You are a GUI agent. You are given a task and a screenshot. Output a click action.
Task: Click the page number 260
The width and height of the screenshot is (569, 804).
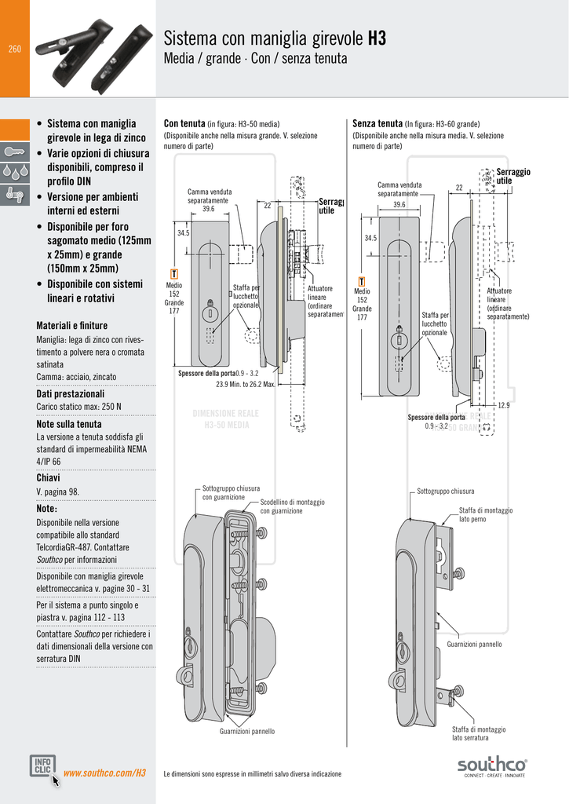(x=14, y=49)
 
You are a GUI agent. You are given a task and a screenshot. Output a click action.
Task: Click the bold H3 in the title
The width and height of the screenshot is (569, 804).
(x=376, y=38)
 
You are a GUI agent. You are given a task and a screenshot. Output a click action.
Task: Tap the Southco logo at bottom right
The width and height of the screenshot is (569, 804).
(x=492, y=765)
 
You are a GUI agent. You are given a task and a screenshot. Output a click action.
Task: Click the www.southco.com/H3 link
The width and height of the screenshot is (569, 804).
(x=104, y=773)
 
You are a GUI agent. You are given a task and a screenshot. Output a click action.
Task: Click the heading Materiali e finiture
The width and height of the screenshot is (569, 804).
(x=72, y=325)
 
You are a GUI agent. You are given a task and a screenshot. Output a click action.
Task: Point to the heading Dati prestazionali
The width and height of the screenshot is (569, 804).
(x=70, y=393)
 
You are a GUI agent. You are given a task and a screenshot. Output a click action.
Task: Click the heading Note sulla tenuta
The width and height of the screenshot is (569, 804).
(x=69, y=424)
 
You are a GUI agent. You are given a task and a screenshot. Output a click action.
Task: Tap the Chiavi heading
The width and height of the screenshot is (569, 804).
(x=49, y=477)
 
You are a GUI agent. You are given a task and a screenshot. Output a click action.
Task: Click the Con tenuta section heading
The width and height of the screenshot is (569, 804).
(x=184, y=123)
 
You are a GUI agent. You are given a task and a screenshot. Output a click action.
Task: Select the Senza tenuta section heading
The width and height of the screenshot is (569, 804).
(x=378, y=123)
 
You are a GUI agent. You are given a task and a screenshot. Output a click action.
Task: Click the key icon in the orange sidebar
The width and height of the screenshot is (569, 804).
(x=14, y=149)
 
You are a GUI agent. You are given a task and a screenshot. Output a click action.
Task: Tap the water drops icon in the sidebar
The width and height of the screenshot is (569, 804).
(x=14, y=171)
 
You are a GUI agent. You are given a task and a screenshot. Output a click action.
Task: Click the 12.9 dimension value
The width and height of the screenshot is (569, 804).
(x=503, y=405)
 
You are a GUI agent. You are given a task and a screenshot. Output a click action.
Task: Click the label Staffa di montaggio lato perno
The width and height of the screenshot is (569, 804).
(x=486, y=514)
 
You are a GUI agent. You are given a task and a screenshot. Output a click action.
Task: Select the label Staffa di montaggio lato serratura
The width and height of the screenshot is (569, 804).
(x=479, y=733)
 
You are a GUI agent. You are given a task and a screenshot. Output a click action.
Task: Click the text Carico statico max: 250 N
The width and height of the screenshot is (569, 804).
(x=78, y=407)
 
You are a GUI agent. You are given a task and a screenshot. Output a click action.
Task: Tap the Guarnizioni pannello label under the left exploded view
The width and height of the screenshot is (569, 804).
(x=247, y=731)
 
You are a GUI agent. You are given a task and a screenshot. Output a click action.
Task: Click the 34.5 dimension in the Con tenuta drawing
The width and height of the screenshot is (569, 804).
(x=183, y=233)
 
